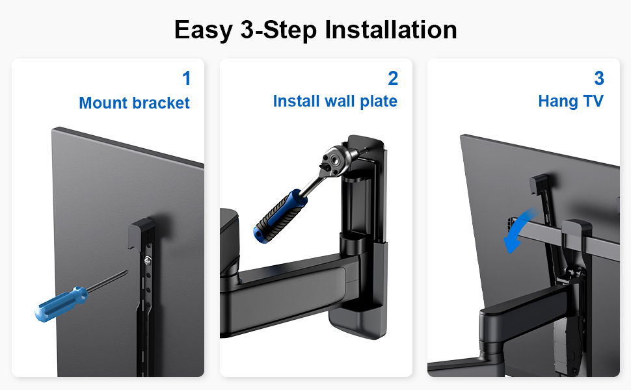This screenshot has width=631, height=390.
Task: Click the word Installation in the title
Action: click(x=391, y=30)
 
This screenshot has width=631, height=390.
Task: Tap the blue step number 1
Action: click(x=186, y=79)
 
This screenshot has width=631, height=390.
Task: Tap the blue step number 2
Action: click(x=393, y=79)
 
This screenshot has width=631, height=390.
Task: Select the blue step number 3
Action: click(x=599, y=79)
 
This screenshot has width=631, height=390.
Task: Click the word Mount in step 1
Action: click(x=103, y=103)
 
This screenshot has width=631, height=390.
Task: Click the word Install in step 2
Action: click(x=297, y=101)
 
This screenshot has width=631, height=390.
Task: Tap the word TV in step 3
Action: click(x=593, y=101)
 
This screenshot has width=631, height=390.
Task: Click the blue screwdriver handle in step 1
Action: click(x=61, y=304)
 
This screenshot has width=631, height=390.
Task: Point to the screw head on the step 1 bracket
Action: click(x=147, y=261)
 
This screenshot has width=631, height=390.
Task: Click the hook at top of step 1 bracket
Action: click(x=141, y=231)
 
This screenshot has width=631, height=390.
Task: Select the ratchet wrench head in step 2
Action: click(x=334, y=160)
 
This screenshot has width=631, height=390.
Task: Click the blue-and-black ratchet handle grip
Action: click(x=280, y=217)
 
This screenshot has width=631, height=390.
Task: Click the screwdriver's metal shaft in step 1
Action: click(x=107, y=280)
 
